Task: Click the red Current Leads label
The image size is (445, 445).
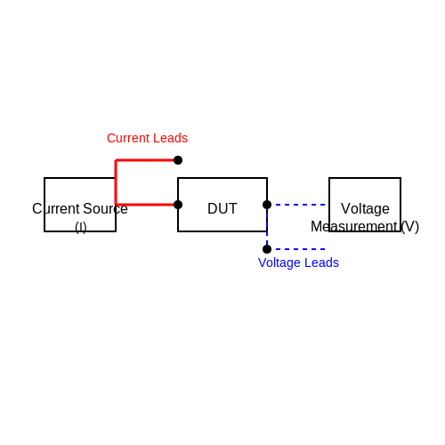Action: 147,138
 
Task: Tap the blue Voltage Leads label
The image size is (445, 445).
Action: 298,263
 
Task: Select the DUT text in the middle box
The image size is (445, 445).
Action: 222,208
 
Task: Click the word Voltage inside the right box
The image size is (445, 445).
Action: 365,208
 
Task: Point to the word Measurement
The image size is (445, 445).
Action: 353,227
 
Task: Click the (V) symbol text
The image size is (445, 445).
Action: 409,227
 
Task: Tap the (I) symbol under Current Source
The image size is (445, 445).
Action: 81,228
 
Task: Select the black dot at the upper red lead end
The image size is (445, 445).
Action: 178,160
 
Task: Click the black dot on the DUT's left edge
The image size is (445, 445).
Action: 178,205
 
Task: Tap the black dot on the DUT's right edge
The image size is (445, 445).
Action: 267,205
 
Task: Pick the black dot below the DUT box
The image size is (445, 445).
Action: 267,249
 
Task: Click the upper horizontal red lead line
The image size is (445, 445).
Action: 145,160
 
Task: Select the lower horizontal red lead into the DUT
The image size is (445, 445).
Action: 145,205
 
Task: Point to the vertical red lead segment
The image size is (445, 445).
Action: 116,182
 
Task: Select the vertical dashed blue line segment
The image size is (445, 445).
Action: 267,227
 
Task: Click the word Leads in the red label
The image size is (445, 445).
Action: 173,138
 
